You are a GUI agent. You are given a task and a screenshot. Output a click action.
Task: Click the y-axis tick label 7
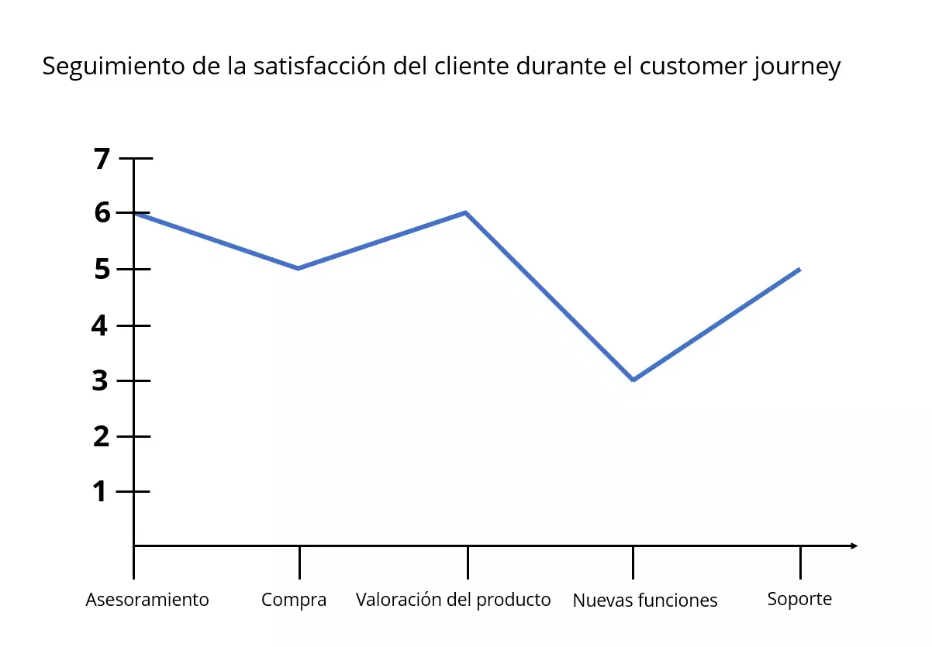tap(102, 159)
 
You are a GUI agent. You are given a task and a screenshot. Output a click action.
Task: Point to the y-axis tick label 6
tap(102, 213)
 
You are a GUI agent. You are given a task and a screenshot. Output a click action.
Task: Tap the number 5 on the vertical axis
tap(102, 270)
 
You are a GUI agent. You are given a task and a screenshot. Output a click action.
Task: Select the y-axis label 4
tap(100, 325)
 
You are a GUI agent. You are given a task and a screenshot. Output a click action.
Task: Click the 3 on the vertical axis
tap(101, 381)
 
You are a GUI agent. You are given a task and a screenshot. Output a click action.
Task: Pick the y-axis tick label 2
tap(101, 437)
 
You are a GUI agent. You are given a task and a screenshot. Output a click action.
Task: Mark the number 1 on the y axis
tap(100, 492)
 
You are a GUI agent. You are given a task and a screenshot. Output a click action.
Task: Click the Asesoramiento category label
tap(147, 600)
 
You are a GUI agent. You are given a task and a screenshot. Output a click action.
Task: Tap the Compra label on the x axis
tap(294, 600)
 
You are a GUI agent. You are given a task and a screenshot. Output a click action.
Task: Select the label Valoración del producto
tap(453, 600)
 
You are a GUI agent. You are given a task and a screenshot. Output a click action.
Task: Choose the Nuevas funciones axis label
tap(645, 601)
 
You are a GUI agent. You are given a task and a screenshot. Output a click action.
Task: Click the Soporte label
tap(799, 599)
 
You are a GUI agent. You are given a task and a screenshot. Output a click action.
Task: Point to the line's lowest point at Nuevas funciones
tap(633, 380)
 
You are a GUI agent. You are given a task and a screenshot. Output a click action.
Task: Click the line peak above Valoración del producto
tap(465, 212)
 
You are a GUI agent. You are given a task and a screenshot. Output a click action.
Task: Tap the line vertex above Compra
tap(299, 268)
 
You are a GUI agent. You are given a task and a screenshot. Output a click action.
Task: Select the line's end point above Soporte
tap(799, 269)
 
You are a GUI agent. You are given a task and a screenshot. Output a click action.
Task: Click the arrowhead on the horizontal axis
tap(854, 546)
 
